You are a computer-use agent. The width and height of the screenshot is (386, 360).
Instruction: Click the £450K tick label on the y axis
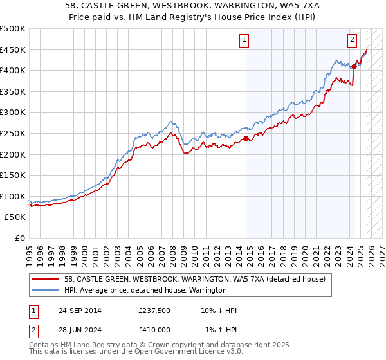[12, 50]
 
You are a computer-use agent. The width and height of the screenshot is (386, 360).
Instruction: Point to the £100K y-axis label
[12, 196]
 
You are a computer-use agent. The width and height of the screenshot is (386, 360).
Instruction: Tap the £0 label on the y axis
[19, 238]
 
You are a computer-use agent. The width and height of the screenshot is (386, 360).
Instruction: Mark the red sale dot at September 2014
[246, 138]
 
